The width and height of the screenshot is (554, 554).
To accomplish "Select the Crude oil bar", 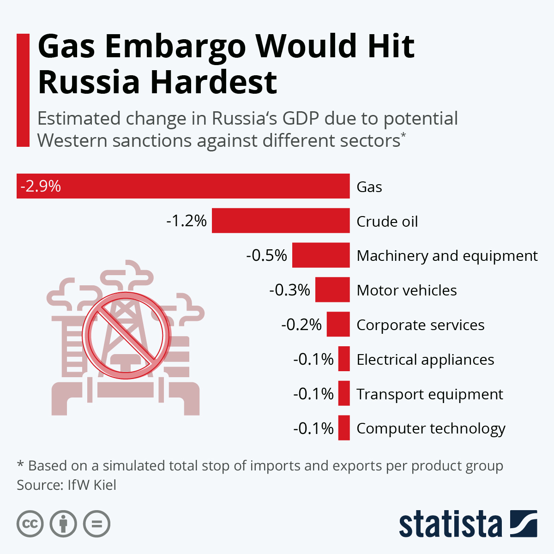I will [281, 221].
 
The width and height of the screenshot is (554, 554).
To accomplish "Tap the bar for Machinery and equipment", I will [321, 255].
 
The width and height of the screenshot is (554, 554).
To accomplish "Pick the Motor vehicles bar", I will [332, 289].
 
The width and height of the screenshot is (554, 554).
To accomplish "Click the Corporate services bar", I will [338, 324].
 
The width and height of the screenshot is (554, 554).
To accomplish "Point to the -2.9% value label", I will [41, 186].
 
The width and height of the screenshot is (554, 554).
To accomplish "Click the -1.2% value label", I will [187, 221].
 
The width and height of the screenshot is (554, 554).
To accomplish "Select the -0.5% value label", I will [266, 255].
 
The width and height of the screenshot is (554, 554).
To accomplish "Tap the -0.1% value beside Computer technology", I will [313, 428].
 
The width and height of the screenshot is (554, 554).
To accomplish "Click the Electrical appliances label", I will [425, 359].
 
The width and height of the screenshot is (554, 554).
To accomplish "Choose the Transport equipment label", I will [429, 394].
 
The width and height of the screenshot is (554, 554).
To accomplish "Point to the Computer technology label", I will [431, 428].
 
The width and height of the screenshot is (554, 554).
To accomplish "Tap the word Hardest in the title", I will [213, 82].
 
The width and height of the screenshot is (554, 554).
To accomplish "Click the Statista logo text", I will [450, 524].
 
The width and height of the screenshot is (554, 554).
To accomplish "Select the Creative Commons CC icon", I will [30, 524].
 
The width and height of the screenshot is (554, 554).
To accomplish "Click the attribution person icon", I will [63, 524].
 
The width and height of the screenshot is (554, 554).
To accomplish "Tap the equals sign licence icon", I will [97, 524].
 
